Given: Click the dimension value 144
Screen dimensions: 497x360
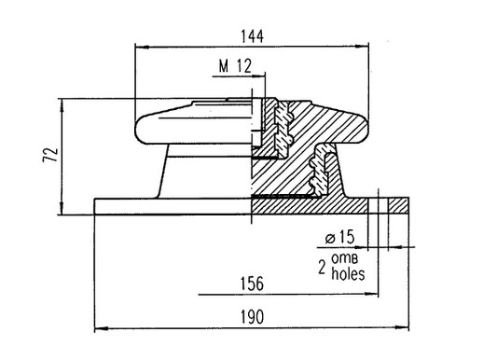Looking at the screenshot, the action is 253,36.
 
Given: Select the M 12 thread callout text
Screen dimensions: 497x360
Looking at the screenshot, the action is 235,66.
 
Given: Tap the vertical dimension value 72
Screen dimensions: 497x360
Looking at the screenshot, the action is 50,155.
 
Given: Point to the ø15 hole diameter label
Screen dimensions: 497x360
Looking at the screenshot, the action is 339,237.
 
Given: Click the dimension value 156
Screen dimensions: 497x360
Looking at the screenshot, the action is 252,284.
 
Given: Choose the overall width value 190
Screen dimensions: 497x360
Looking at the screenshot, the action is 252,317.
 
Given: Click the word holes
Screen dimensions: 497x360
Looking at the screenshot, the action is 348,274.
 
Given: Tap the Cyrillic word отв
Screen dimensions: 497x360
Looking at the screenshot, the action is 345,258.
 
